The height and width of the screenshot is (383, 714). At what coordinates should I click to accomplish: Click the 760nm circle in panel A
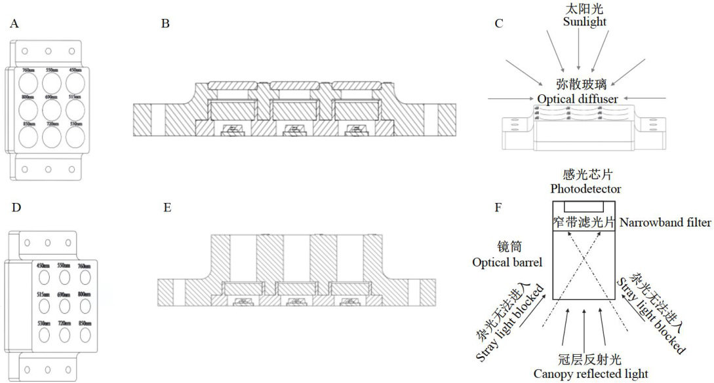(x=29, y=82)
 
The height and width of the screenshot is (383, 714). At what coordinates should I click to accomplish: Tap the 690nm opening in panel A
(x=53, y=108)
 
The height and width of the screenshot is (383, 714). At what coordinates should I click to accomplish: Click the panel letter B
(x=165, y=24)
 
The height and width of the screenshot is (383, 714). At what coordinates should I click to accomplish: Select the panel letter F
(x=498, y=208)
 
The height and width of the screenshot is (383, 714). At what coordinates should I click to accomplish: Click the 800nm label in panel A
(x=28, y=97)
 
